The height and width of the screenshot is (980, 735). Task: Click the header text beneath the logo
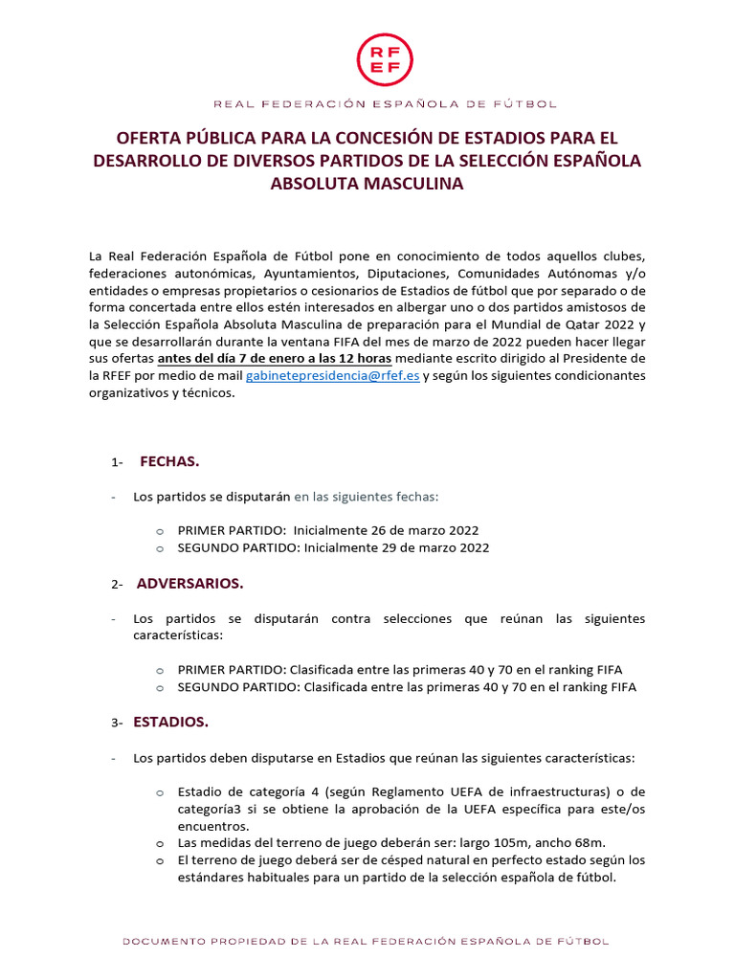tap(384, 103)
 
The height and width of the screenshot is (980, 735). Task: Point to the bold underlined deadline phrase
tap(254, 358)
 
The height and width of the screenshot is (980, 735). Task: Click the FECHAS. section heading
tap(169, 461)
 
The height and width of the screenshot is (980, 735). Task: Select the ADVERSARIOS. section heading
tap(189, 583)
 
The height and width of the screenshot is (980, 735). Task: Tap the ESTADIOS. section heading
tap(172, 722)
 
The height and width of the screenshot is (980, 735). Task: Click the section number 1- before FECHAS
tap(117, 463)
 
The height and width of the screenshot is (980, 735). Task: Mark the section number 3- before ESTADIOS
tap(117, 724)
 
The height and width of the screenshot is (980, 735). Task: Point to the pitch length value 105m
tap(494, 843)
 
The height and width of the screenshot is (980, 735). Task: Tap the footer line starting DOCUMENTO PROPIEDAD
tap(365, 942)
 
